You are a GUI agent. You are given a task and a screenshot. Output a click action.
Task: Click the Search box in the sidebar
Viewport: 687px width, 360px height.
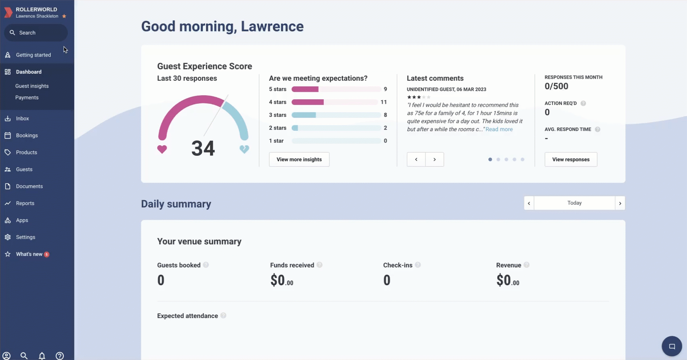click(36, 33)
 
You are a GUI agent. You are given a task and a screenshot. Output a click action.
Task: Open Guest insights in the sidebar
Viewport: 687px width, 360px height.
click(32, 86)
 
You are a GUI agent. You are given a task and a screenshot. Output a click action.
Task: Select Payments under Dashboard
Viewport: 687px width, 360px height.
click(27, 98)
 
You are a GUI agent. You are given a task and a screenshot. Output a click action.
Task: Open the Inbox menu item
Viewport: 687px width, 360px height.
click(22, 118)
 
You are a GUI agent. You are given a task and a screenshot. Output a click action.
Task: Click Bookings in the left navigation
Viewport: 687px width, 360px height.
click(27, 135)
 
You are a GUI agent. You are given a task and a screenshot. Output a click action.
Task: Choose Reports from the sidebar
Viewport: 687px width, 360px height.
click(25, 203)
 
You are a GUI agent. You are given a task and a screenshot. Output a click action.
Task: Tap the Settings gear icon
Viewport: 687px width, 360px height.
click(8, 237)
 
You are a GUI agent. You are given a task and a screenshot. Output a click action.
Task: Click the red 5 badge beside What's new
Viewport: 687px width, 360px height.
click(46, 254)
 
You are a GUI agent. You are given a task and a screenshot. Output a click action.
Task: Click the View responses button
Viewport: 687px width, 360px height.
click(571, 159)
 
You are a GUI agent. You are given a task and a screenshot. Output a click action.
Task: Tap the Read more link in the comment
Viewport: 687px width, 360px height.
click(499, 129)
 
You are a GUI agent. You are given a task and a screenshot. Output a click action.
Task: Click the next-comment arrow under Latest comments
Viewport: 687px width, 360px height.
click(435, 159)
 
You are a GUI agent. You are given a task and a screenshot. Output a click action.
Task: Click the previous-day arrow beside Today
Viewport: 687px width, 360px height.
click(529, 203)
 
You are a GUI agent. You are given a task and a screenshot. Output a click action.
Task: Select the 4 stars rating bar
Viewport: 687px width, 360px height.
click(335, 102)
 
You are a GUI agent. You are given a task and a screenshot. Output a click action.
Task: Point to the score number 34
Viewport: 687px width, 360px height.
click(203, 149)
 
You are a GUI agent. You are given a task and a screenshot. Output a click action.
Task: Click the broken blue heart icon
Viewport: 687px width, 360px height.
click(245, 149)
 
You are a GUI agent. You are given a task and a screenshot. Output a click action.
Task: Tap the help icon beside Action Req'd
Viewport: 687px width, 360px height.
click(583, 103)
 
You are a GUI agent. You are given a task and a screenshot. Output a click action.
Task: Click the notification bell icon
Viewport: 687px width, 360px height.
click(42, 356)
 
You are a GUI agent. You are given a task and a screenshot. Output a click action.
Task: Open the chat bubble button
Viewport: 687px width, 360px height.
click(672, 346)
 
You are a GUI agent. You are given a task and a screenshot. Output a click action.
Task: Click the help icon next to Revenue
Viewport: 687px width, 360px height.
click(527, 265)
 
